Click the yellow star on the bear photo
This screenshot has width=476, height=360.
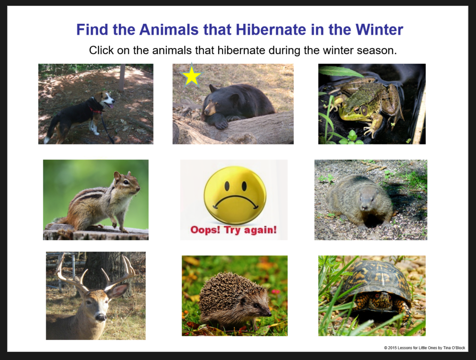191,76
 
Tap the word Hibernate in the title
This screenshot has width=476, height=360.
271,30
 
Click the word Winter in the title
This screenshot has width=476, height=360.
379,30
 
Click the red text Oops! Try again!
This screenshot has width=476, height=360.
233,230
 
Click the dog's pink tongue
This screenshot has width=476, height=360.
111,106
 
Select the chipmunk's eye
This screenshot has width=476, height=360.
126,183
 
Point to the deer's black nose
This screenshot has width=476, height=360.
100,318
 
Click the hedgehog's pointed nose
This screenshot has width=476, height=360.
269,314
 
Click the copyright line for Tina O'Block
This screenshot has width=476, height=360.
424,348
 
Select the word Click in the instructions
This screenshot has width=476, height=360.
101,50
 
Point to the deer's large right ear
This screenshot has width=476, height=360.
117,290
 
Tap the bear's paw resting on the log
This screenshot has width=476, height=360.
221,124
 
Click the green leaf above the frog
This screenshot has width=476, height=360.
340,71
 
